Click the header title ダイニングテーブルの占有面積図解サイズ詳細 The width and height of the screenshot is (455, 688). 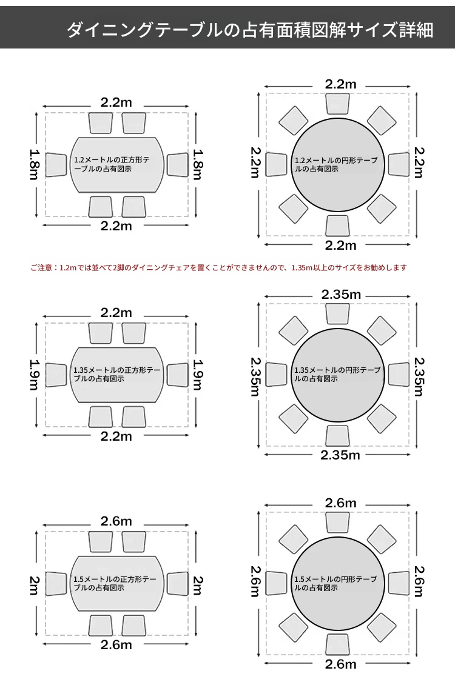tap(249, 30)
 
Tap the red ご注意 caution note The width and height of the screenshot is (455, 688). tap(218, 268)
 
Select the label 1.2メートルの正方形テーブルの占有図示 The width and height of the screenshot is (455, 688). tap(112, 164)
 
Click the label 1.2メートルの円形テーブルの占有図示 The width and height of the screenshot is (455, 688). tap(336, 164)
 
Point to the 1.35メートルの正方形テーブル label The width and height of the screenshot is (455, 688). tap(117, 374)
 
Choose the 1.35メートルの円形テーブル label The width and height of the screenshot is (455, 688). tap(337, 374)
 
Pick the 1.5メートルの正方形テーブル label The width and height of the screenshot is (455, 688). tap(115, 583)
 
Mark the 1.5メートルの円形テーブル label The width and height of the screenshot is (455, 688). tap(335, 583)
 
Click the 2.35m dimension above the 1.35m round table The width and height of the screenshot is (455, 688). tap(341, 295)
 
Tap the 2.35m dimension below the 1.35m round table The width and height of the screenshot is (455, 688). tap(340, 455)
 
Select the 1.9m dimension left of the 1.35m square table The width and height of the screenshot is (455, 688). tap(35, 375)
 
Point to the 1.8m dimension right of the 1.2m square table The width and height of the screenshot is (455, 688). tap(198, 164)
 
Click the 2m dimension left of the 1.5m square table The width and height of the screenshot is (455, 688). tap(35, 586)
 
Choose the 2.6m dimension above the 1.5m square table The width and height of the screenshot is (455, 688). tap(116, 521)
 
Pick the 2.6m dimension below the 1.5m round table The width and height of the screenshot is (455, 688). tap(341, 664)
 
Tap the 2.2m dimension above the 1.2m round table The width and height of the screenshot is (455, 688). tap(341, 84)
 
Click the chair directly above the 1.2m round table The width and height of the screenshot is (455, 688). tap(338, 104)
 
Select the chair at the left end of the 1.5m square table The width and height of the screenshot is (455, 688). tap(56, 584)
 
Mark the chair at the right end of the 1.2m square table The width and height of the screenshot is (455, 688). tap(177, 165)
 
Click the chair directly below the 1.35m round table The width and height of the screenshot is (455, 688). tap(338, 435)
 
